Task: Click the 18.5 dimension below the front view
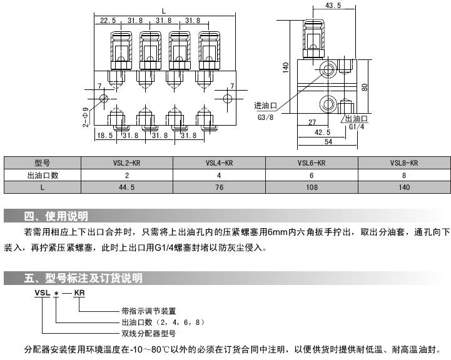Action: [104, 134]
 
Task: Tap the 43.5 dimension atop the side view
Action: [333, 6]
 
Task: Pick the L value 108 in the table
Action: [312, 187]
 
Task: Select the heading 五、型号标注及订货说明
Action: [83, 277]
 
